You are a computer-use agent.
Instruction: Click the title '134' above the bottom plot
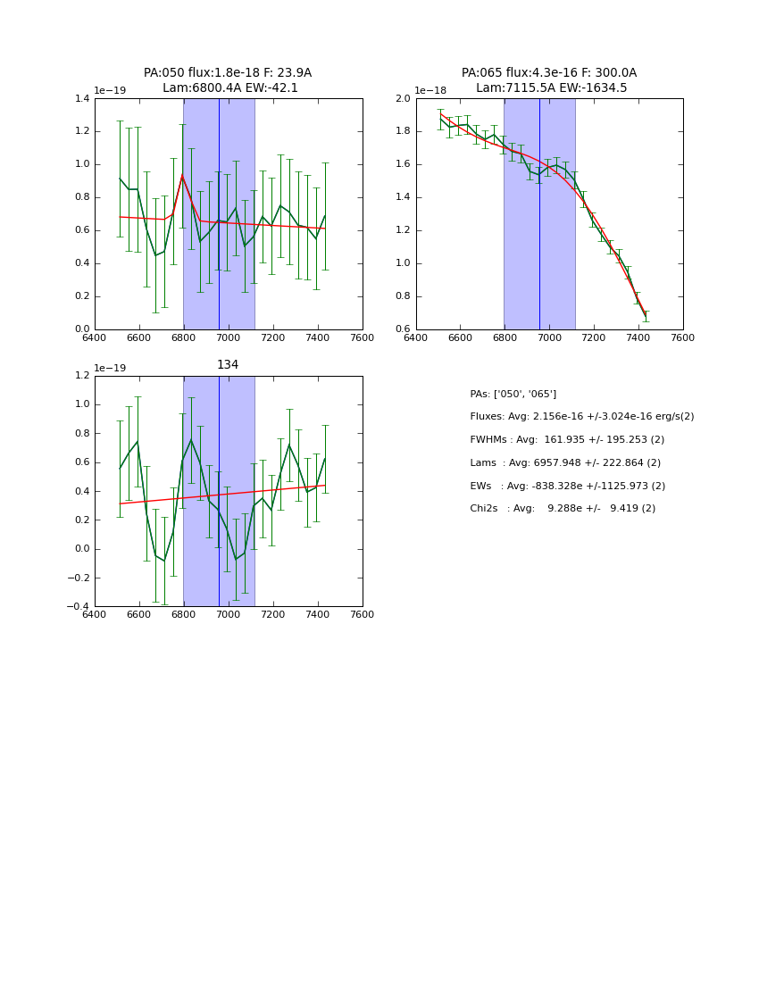228,365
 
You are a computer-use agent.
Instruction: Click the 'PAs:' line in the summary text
513,394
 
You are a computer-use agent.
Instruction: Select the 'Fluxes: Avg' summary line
581,417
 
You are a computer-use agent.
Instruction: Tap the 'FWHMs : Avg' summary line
567,440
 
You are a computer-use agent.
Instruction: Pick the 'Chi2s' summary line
563,509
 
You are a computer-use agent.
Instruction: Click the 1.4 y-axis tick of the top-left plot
81,99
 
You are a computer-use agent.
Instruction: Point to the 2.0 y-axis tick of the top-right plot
403,99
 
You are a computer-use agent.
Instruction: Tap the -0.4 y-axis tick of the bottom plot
78,607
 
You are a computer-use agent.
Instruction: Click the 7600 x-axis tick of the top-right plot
683,337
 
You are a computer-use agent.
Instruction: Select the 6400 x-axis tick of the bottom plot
95,614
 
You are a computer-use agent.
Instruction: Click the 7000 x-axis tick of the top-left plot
228,337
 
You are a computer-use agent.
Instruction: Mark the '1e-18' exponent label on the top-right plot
430,90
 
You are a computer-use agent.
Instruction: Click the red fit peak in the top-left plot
182,175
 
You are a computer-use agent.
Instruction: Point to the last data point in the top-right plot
646,315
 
